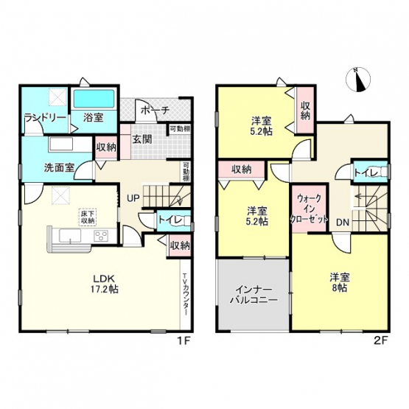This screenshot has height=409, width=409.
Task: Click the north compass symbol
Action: coord(358,80)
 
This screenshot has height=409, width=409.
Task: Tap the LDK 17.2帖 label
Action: coord(106,284)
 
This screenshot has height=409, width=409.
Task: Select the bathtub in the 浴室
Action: coord(94,99)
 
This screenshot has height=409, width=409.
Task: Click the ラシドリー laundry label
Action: coord(45,117)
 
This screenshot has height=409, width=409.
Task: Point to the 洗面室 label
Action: coord(59,167)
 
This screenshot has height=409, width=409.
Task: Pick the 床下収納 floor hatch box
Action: coord(88,217)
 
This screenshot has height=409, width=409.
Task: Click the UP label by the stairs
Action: coord(133,198)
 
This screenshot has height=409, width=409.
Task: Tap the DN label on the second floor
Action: coord(343,223)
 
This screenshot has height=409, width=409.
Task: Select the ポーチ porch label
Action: coord(155,111)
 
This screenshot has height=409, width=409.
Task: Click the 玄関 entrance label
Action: coord(142,139)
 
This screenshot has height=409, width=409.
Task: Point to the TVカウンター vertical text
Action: coord(185,294)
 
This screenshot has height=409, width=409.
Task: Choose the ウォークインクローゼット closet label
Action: coord(309,209)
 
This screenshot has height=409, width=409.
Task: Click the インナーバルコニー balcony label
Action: coord(254,295)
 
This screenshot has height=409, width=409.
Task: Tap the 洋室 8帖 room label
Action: coord(340,282)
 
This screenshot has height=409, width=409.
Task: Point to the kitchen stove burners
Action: coord(102,236)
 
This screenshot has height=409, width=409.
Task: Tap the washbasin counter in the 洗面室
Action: coord(60,144)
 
